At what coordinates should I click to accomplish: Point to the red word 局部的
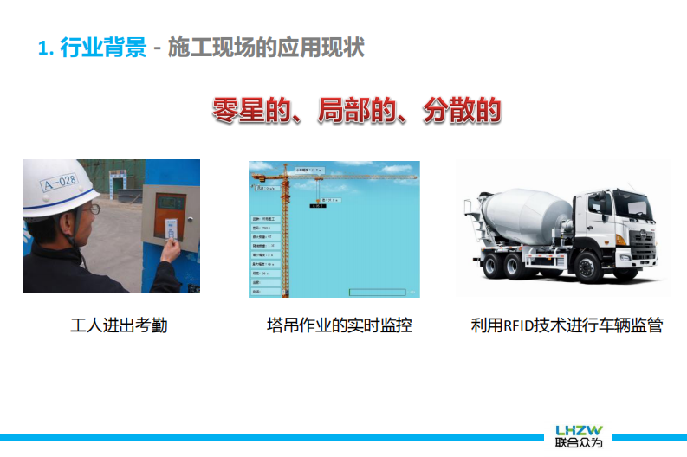point(356,112)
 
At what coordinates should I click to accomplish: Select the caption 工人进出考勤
point(119,326)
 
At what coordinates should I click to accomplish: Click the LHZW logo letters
point(580,430)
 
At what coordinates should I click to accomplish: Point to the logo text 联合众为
point(580,443)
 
